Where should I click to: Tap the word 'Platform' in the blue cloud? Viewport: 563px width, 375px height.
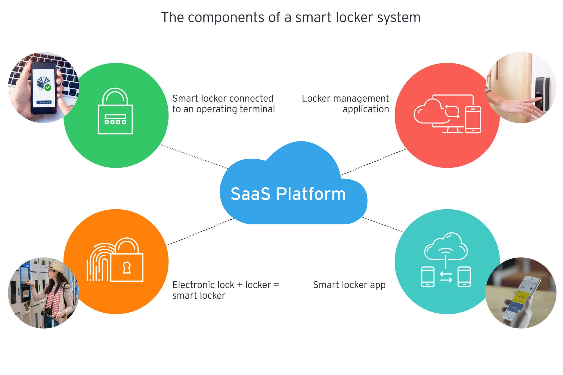pos(311,194)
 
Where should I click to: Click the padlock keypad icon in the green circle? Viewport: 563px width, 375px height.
pos(115,111)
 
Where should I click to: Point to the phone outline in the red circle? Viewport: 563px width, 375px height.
pos(473,120)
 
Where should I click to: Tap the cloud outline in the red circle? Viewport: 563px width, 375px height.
pos(427,111)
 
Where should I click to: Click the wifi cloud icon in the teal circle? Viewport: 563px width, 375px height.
pos(446,247)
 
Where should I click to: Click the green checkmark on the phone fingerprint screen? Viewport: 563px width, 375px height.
pos(48,87)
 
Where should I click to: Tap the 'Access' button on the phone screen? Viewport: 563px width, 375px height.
pos(44,102)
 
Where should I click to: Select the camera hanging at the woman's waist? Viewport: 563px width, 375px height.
pos(46,312)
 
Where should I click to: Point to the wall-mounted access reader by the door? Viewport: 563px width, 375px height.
pos(542,93)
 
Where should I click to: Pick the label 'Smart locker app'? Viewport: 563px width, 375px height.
pos(349,285)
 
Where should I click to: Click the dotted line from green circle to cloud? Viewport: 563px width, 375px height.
pos(194,157)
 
